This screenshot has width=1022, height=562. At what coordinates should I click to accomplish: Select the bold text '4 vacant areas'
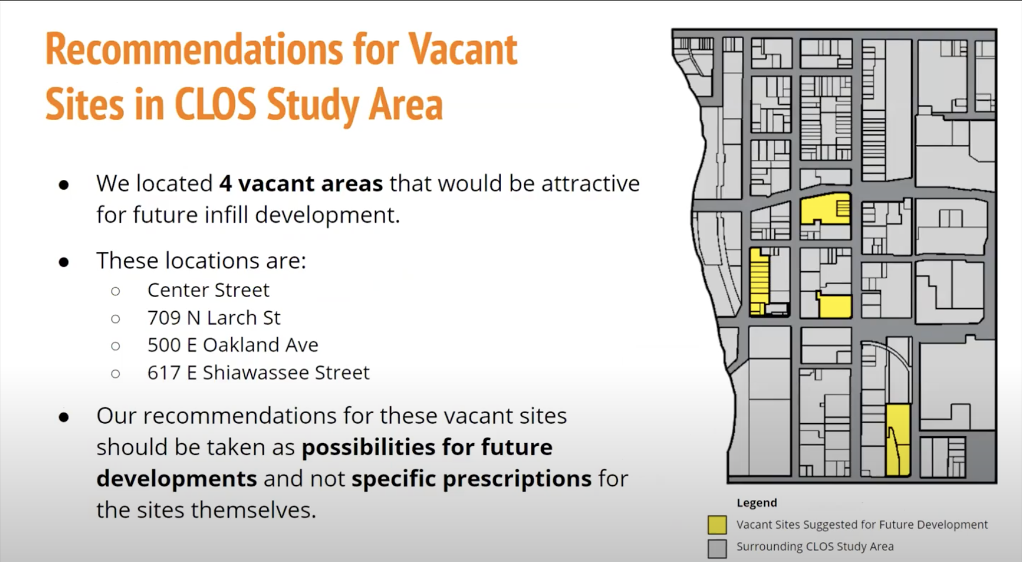pos(301,183)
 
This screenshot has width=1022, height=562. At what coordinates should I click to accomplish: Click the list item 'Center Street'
pos(208,289)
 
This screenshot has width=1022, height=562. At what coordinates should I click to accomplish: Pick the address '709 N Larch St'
pos(214,317)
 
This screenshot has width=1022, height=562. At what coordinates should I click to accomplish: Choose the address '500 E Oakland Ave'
pos(233,345)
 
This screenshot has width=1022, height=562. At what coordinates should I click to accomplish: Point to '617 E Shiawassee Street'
pos(258,372)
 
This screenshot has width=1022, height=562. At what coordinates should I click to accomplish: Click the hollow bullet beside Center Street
pos(115,291)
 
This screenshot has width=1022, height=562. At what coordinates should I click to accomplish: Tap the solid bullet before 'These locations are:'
pos(64,262)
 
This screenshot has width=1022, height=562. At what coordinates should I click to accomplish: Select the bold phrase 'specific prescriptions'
pos(471,479)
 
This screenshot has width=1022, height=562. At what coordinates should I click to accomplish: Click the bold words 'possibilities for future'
pos(427,447)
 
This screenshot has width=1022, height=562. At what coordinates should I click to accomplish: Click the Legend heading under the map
pos(757,503)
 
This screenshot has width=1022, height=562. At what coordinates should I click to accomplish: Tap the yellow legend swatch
pos(717,524)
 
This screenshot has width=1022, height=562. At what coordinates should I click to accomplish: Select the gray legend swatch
pos(717,549)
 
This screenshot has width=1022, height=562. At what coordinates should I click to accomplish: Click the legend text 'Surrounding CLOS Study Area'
pos(815,547)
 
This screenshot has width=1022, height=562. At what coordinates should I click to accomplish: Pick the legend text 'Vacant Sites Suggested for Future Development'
pos(862,524)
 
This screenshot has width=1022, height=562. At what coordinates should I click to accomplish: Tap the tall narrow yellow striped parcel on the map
pos(759,281)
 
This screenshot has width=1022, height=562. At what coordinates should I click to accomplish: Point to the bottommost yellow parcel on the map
pos(898,440)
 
